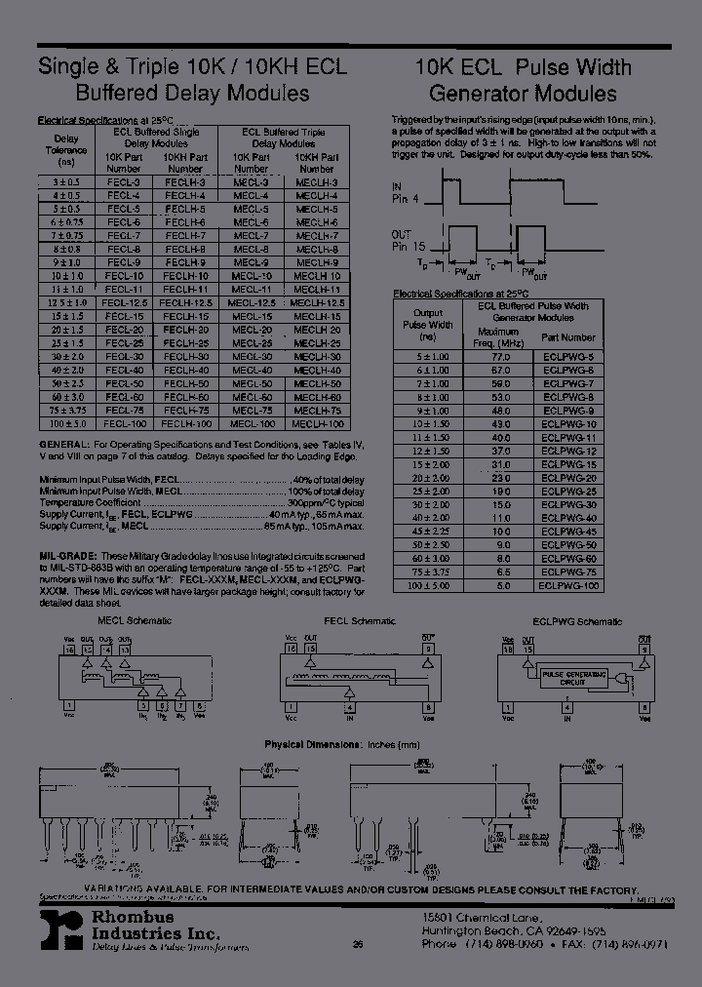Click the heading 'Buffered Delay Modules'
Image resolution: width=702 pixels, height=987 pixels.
point(193,94)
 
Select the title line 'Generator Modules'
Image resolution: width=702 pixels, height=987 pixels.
point(523,94)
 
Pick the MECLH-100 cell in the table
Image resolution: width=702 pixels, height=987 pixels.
point(317,424)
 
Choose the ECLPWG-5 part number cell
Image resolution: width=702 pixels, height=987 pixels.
point(567,358)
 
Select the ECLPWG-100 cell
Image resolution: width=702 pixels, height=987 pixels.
point(567,585)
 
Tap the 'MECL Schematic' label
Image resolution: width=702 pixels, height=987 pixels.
point(123,621)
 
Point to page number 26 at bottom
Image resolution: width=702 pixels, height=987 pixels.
point(358,944)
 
